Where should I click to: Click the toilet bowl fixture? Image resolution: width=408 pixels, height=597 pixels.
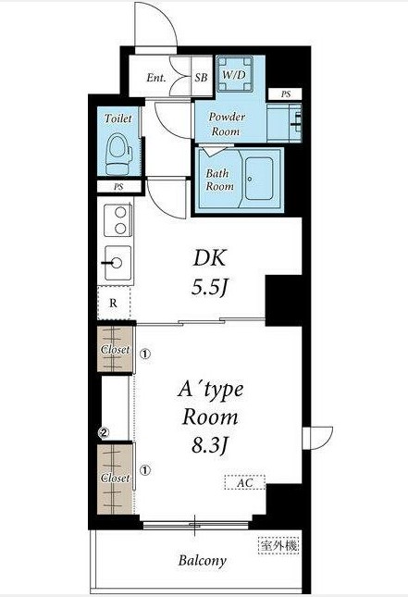118,154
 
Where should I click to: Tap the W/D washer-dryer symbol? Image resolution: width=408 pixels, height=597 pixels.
235,74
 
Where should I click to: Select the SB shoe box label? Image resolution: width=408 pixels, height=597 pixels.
201,78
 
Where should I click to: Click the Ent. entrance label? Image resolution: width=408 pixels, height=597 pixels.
156,78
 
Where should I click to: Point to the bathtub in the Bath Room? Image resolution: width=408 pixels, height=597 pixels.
259,179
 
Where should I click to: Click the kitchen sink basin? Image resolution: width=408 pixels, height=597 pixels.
117,263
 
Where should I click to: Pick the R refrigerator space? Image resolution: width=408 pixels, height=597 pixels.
114,303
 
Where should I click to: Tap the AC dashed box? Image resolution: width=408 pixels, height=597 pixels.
245,483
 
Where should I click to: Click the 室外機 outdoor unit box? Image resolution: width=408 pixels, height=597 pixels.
278,545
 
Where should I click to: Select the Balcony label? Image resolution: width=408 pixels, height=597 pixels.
202,561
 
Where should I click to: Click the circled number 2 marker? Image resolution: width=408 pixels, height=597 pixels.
104,432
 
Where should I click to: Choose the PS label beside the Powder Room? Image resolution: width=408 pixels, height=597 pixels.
286,93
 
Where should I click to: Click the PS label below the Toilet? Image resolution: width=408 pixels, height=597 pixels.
118,187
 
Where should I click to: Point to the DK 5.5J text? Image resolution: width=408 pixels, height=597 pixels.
210,272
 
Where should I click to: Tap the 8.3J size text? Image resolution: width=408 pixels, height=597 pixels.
209,444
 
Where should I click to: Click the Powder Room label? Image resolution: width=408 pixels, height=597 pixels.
227,124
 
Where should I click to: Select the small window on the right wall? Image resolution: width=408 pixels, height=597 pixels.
317,438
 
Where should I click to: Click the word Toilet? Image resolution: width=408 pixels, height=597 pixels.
118,118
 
